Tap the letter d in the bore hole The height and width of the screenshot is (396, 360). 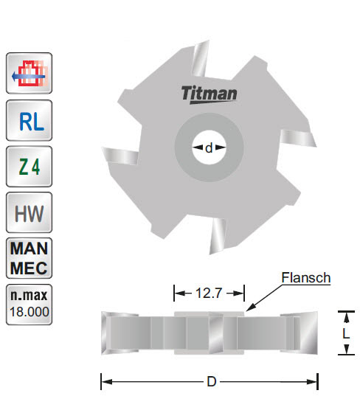(x=210, y=148)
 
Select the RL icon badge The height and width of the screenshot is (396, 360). (x=29, y=120)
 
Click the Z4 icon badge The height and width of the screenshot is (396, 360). (x=29, y=167)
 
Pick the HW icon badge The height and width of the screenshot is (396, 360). (x=29, y=214)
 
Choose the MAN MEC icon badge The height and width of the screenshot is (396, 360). (x=29, y=257)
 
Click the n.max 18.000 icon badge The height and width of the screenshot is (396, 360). (x=29, y=303)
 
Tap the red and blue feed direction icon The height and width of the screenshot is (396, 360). (x=29, y=74)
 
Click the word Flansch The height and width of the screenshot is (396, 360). (x=305, y=278)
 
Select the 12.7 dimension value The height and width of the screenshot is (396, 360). (x=209, y=293)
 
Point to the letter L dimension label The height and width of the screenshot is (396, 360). (x=345, y=333)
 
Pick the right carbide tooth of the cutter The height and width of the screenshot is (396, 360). (x=300, y=138)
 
